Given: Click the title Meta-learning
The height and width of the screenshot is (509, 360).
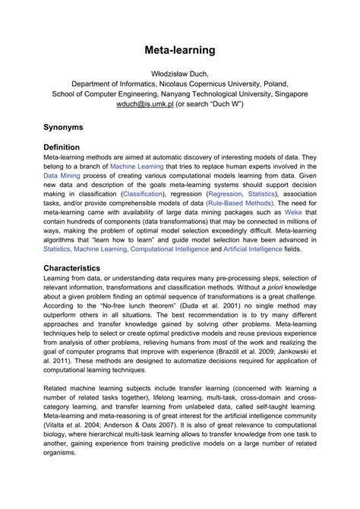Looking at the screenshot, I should (x=180, y=50).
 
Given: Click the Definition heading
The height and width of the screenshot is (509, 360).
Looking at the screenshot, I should (x=67, y=147).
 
